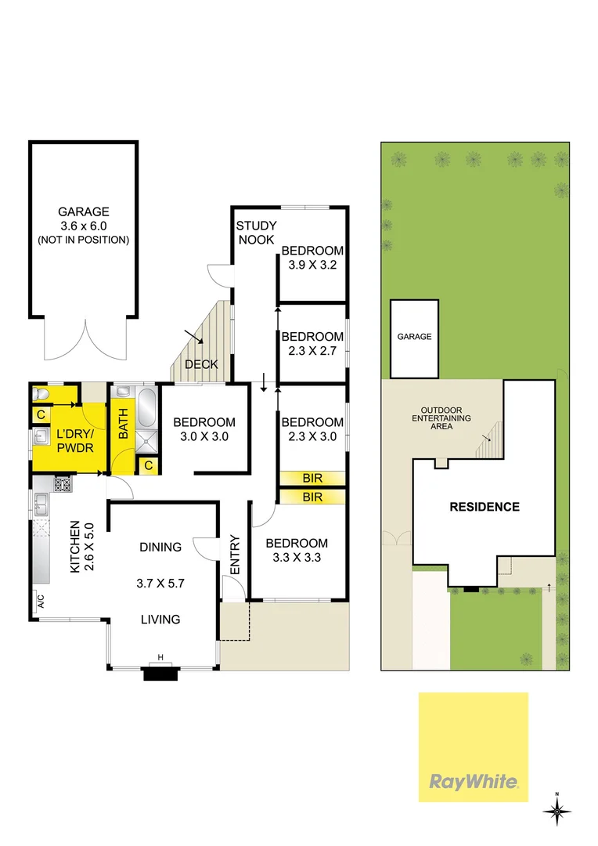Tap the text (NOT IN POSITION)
point(83,240)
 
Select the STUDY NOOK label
point(256,233)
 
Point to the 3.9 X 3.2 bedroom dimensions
point(312,265)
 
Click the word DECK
point(200,364)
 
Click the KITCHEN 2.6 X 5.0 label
point(82,547)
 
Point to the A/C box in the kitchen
point(38,602)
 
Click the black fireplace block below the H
point(160,671)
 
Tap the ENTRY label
point(234,555)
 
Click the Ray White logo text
point(473,781)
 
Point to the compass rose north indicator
point(557,812)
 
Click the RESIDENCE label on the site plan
point(484,507)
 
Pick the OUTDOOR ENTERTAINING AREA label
point(445,418)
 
